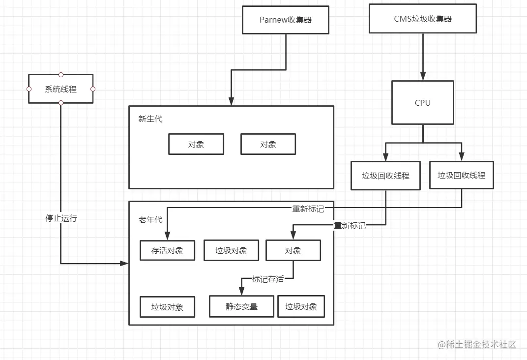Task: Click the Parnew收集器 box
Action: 286,20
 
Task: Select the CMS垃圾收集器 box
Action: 422,19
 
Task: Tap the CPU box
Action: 422,102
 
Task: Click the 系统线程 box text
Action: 60,90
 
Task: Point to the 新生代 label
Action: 150,119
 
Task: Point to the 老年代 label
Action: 150,220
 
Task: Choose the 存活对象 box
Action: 168,250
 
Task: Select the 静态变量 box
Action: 241,306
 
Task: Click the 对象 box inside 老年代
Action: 293,250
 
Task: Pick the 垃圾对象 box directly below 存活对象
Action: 168,307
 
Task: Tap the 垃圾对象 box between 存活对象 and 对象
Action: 231,250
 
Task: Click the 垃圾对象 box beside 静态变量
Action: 301,306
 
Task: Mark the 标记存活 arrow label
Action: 268,279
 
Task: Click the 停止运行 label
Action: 61,218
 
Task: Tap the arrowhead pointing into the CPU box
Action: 422,77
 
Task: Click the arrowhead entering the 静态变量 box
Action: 241,292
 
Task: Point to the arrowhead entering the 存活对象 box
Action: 168,237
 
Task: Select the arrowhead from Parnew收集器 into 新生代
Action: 231,102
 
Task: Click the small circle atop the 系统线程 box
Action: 61,75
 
